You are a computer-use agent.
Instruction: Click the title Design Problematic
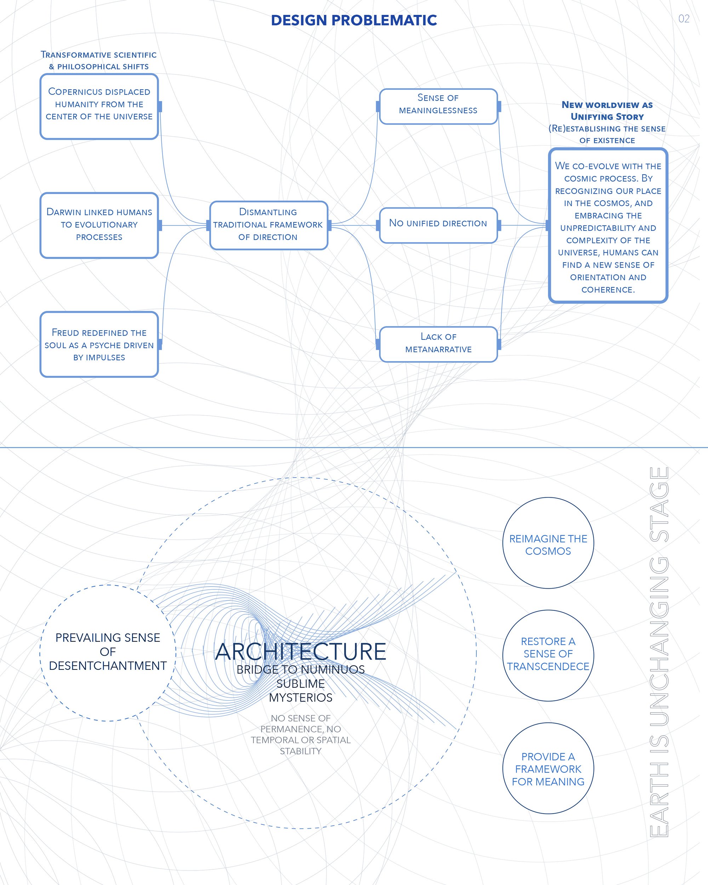pos(354,20)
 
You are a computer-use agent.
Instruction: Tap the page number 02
pos(684,18)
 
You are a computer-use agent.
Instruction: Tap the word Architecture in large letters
pos(301,651)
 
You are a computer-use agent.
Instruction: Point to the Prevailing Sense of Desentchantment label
pos(108,651)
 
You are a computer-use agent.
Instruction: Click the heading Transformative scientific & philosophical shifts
pos(98,60)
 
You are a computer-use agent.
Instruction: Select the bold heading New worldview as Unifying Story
pos(607,110)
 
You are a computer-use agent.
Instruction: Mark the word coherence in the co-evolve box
pos(607,290)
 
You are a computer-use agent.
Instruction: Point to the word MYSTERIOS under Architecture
pos(301,697)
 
